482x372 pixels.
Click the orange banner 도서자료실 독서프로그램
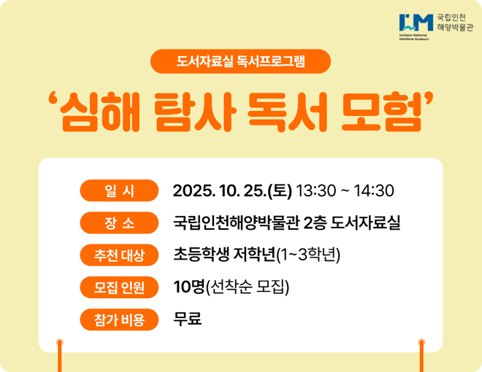tap(241, 61)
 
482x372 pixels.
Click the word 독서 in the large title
tap(286, 112)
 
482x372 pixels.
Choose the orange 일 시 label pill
tap(119, 191)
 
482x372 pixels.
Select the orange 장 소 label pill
tap(119, 223)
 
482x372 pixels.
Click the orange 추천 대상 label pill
tap(119, 255)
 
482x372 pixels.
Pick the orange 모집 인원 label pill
tap(119, 287)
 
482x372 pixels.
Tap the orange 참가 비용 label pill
tap(119, 319)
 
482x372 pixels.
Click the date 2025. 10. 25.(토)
tap(232, 191)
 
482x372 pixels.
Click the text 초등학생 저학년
tap(223, 255)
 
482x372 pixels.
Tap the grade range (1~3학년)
tap(308, 255)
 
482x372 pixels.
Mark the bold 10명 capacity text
tap(189, 287)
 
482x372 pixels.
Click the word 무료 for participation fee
tap(188, 319)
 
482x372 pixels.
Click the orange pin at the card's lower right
tap(421, 342)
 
